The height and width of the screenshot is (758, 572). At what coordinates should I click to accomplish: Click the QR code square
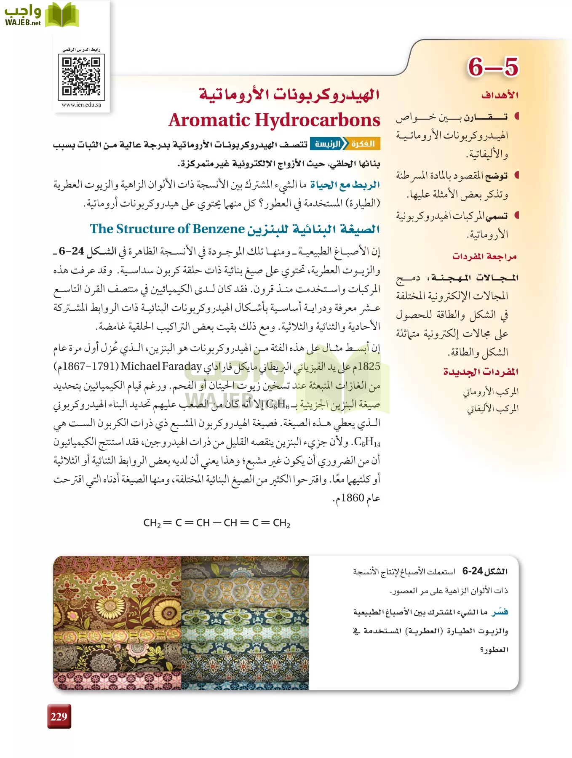point(81,77)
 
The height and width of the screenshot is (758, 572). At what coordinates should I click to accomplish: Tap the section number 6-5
point(493,67)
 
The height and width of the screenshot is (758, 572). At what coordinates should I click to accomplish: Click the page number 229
point(59,717)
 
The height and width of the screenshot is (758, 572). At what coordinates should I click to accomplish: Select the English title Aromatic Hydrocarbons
point(274,120)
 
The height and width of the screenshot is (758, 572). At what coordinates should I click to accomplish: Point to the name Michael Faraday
point(161,366)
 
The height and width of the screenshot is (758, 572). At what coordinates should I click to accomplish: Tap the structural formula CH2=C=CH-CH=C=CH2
point(217,523)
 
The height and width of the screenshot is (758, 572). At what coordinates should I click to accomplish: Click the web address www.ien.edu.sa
point(81,105)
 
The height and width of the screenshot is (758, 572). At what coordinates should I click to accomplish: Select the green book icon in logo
point(61,15)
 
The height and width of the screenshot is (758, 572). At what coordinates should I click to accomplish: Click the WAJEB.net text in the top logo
point(23,23)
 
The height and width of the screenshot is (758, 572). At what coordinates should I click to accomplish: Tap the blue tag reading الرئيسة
point(327,144)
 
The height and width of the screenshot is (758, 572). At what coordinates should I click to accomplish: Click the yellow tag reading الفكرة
point(363,144)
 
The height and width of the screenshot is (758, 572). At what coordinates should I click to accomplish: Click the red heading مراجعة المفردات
point(484,256)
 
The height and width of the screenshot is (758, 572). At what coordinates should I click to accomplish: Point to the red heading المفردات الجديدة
point(481,372)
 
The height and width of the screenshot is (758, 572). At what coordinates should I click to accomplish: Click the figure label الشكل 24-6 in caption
point(485,571)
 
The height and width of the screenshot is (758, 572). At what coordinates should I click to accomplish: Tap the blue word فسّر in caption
point(500,612)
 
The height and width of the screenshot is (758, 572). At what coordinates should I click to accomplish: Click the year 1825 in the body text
point(369,366)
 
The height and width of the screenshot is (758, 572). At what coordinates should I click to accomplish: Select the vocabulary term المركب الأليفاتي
point(492,408)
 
